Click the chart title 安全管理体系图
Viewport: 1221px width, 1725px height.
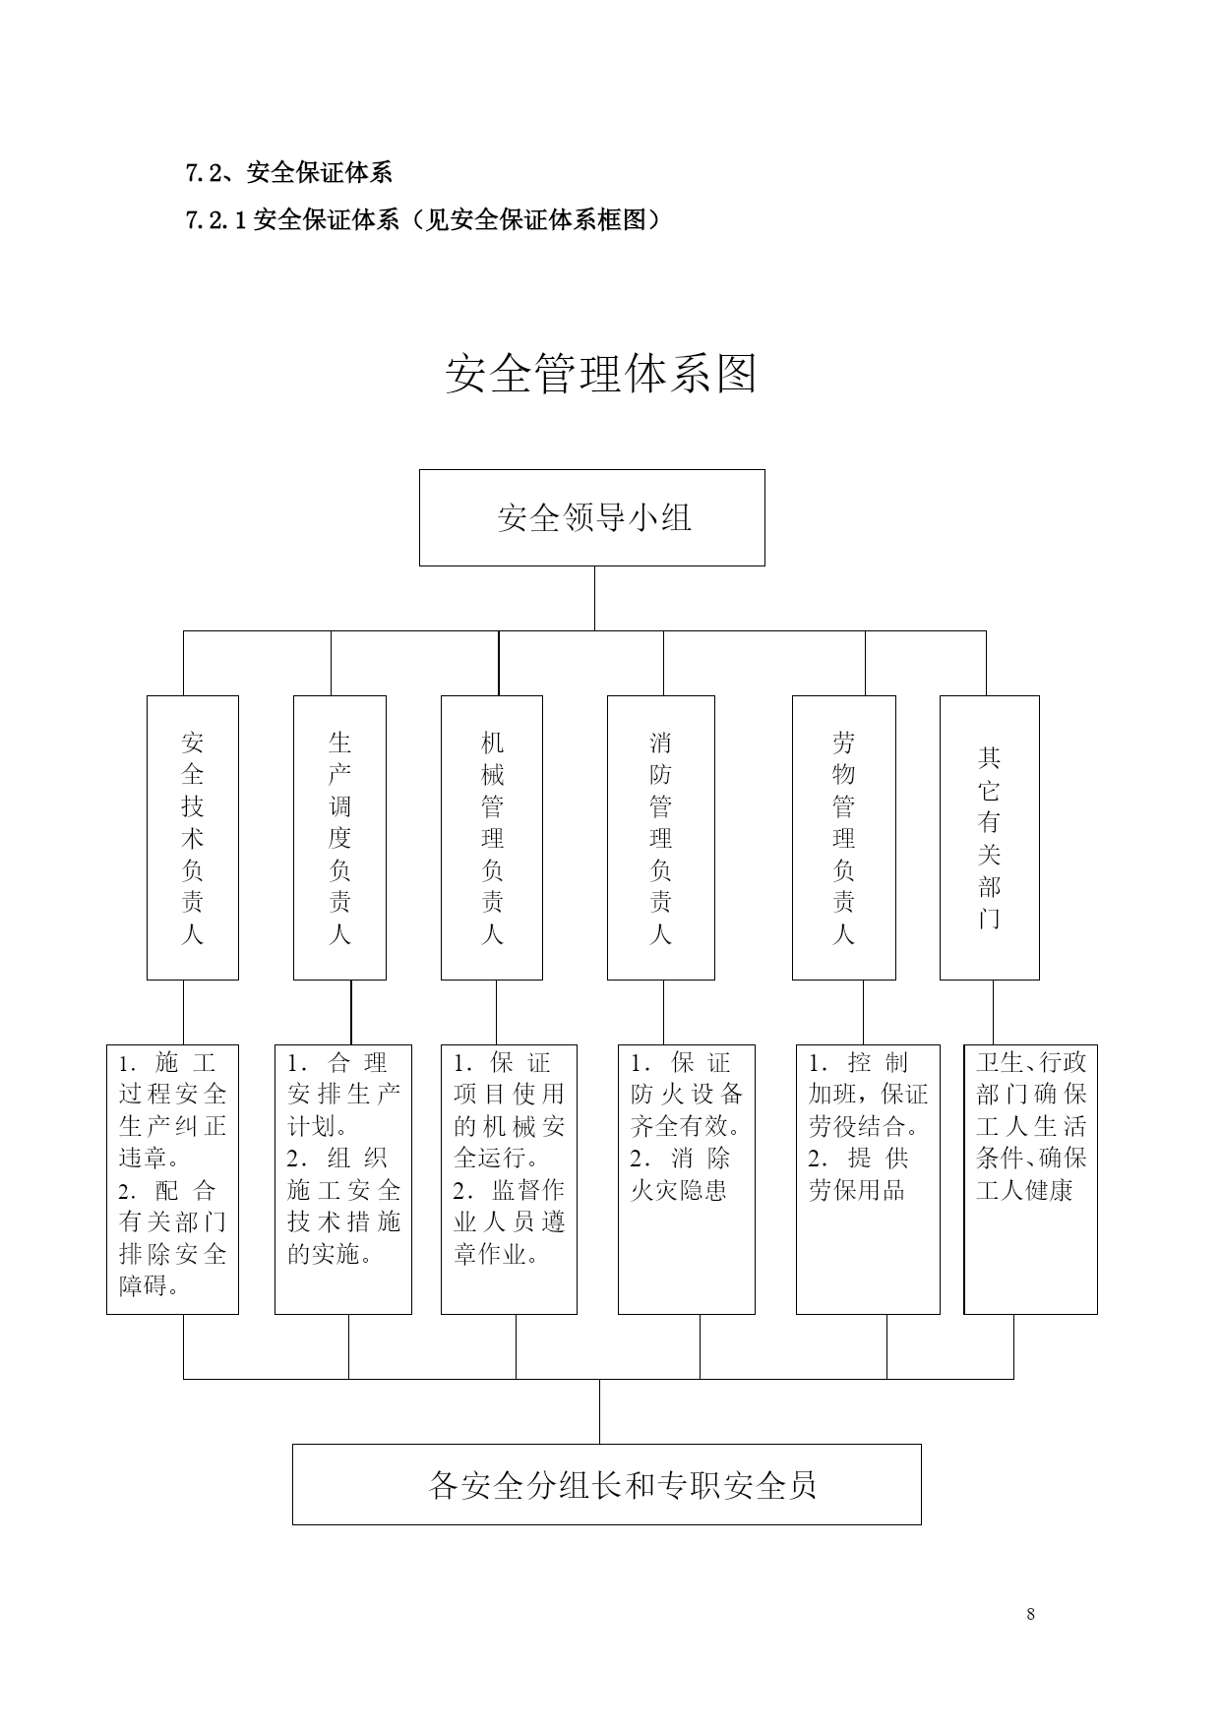pyautogui.click(x=601, y=375)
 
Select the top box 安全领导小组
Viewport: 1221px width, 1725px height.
pyautogui.click(x=592, y=517)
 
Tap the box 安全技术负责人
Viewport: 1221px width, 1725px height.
pyautogui.click(x=193, y=838)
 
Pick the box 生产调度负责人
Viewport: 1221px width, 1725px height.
pyautogui.click(x=339, y=838)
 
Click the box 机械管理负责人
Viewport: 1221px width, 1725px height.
pyautogui.click(x=492, y=838)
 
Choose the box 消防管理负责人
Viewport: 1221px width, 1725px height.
pyautogui.click(x=661, y=838)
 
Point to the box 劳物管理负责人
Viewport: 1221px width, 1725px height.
pyautogui.click(x=844, y=838)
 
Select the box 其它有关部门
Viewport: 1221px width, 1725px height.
pyautogui.click(x=990, y=838)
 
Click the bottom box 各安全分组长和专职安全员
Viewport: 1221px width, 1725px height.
pyautogui.click(x=607, y=1484)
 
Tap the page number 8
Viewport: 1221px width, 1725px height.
pyautogui.click(x=1030, y=1614)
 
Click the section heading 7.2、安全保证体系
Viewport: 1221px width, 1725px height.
pyautogui.click(x=289, y=173)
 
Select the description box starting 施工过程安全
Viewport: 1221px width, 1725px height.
pyautogui.click(x=172, y=1179)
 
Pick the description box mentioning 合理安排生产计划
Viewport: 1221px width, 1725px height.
pyautogui.click(x=343, y=1179)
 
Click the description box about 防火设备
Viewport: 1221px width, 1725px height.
pyautogui.click(x=687, y=1179)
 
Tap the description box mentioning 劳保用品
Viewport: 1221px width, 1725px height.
pyautogui.click(x=868, y=1179)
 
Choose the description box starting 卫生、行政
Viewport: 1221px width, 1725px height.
pyautogui.click(x=1031, y=1179)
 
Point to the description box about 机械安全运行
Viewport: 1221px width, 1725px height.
pyautogui.click(x=509, y=1179)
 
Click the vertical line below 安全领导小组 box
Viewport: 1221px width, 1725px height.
pyautogui.click(x=594, y=599)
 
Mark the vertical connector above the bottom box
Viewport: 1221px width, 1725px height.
pyautogui.click(x=600, y=1411)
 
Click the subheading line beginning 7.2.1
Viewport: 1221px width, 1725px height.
pyautogui.click(x=424, y=220)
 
